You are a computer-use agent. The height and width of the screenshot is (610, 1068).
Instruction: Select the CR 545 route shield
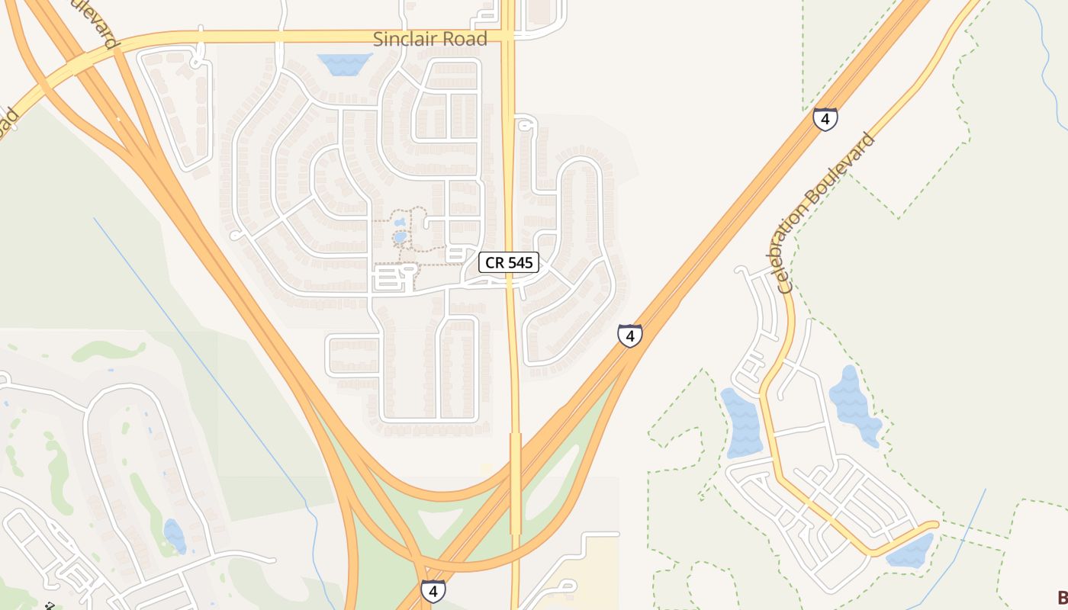(509, 263)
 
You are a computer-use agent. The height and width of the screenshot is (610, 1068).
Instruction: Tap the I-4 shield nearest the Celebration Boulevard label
(825, 119)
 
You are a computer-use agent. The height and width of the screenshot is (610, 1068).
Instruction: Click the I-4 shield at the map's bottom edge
(433, 591)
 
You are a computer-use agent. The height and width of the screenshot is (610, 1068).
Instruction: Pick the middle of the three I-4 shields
(629, 335)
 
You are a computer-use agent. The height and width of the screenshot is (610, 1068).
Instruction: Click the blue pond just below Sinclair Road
(344, 63)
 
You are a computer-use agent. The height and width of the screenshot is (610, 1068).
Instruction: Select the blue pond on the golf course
(175, 535)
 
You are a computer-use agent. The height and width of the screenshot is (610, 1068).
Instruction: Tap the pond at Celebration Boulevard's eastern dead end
(912, 551)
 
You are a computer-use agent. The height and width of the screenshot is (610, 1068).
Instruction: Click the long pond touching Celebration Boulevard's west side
(741, 423)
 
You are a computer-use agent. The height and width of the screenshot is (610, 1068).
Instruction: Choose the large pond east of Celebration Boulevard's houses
(854, 404)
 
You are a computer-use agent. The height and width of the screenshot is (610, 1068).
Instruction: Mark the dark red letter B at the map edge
(1062, 598)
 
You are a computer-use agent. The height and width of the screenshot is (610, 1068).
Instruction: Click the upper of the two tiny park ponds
(400, 223)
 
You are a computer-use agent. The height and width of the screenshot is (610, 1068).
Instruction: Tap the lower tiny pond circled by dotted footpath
(400, 238)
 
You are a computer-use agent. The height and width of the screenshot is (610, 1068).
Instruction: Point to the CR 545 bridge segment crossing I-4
(516, 480)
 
